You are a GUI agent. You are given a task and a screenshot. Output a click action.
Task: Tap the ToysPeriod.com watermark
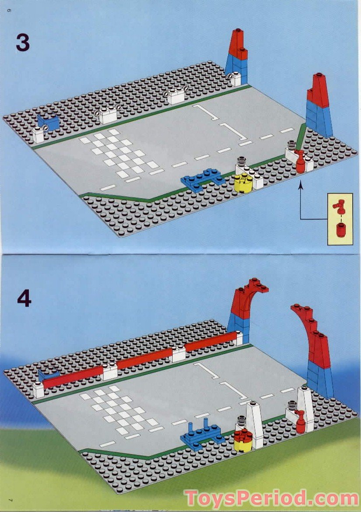(271, 498)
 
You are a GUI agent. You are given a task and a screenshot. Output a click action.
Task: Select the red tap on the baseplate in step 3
(300, 162)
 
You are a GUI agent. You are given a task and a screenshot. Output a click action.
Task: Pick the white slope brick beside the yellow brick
(254, 424)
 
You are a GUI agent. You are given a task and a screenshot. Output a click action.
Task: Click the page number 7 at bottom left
(8, 499)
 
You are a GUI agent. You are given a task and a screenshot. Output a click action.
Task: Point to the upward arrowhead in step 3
(301, 187)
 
